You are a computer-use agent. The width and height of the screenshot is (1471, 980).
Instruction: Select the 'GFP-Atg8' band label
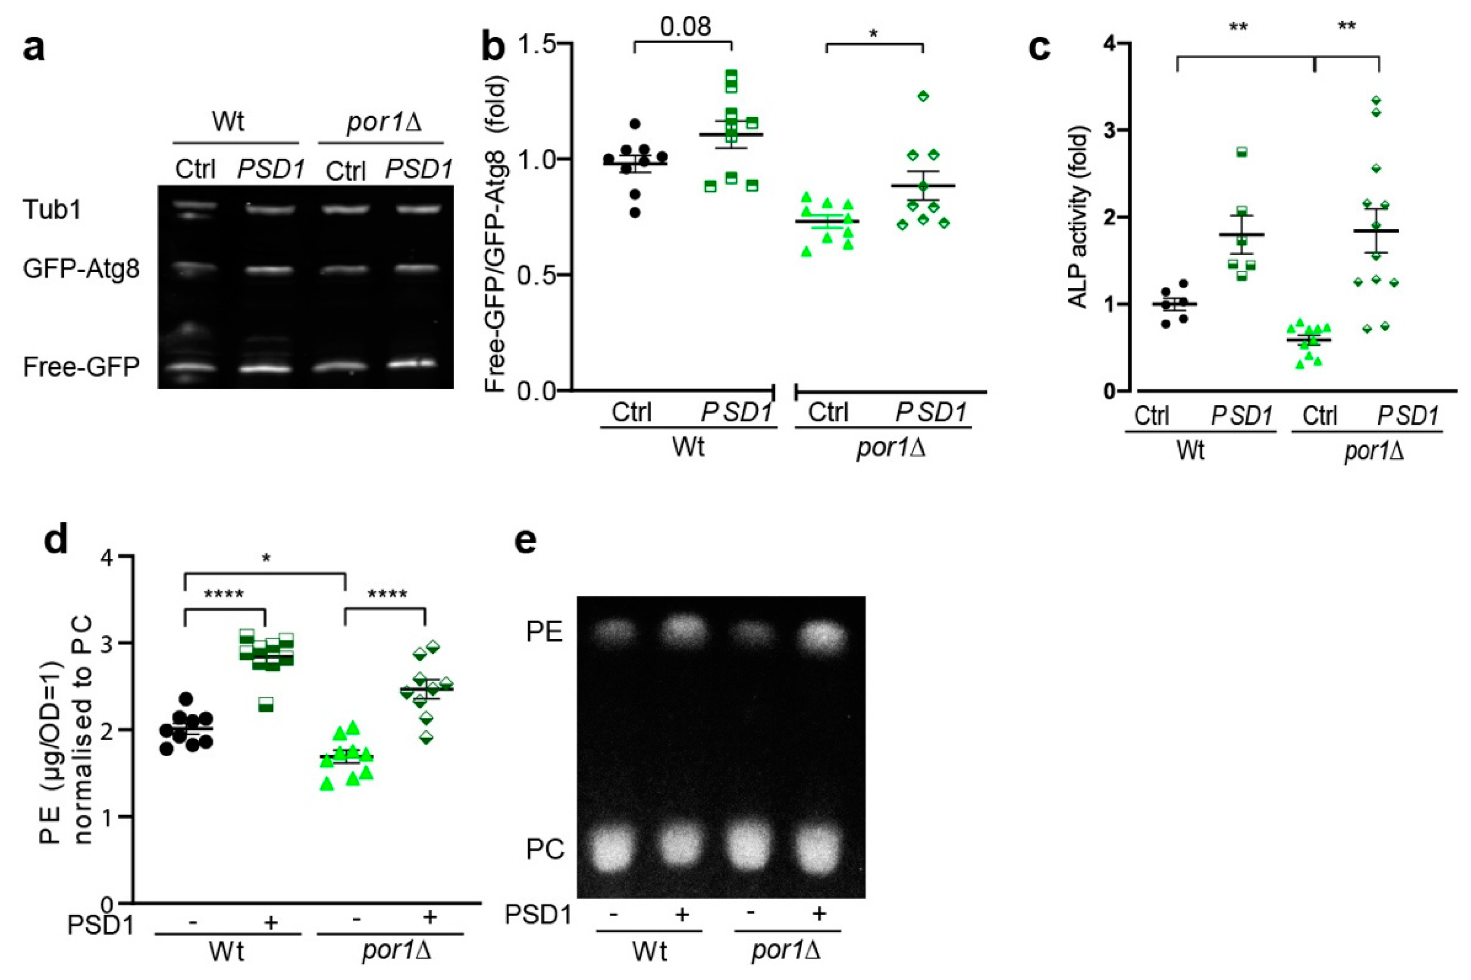point(81,269)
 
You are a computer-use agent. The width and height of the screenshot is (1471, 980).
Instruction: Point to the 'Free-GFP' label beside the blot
point(81,367)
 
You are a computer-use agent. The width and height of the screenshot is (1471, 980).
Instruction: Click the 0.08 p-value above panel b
point(686,26)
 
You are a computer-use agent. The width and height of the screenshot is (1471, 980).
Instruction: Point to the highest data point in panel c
point(1375,100)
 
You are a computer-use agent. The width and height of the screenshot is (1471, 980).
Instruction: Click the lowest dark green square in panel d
point(267,704)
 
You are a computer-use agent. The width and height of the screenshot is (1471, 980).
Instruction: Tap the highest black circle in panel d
point(185,698)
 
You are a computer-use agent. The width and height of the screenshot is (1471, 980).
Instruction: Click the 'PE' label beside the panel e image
point(544,632)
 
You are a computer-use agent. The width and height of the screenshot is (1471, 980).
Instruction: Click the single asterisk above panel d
point(266,559)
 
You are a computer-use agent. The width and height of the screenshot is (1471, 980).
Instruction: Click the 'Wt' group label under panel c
point(1190,449)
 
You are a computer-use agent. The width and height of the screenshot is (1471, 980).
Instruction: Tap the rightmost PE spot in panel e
point(823,636)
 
